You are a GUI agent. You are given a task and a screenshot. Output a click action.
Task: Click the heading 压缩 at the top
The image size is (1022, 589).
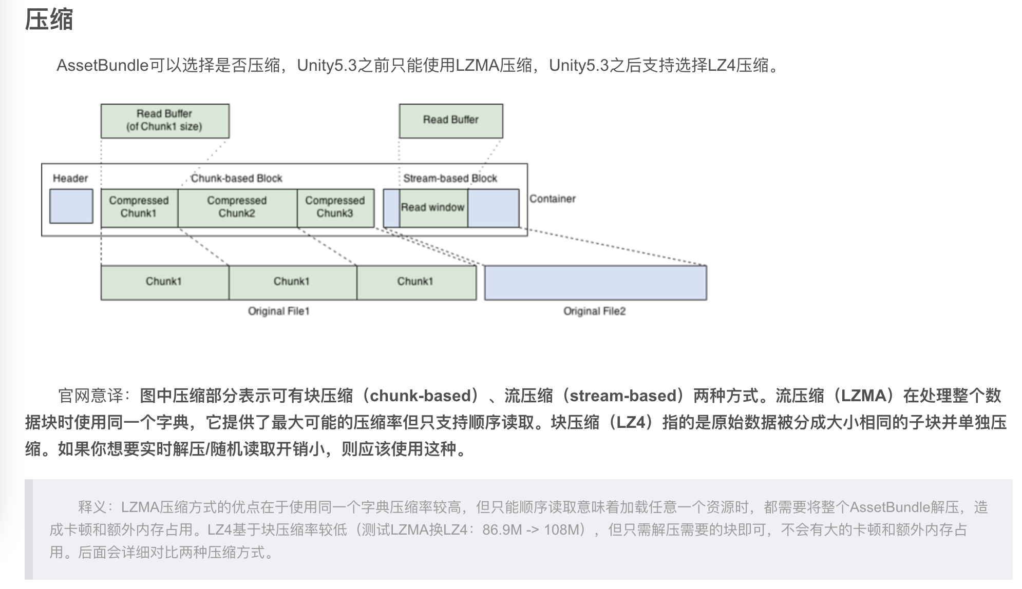click(x=49, y=20)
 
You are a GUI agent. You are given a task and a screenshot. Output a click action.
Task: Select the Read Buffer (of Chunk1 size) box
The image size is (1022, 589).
click(x=164, y=121)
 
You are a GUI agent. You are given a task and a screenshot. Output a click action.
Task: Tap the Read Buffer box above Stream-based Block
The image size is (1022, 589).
click(x=450, y=121)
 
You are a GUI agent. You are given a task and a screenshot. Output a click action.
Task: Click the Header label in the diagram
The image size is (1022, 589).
click(x=70, y=179)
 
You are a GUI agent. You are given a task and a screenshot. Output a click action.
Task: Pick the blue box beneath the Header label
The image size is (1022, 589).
click(x=71, y=206)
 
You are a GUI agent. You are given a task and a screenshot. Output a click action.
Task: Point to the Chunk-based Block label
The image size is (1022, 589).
click(x=236, y=179)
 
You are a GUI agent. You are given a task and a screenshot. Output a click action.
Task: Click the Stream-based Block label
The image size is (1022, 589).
click(x=450, y=179)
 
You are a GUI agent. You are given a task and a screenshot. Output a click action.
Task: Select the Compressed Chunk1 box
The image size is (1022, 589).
click(x=139, y=207)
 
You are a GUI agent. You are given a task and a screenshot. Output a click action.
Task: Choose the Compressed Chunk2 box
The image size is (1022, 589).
click(x=237, y=207)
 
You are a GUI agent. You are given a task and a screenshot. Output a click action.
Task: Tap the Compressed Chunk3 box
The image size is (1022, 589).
click(x=335, y=207)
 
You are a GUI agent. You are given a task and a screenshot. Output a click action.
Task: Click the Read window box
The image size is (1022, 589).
click(x=432, y=208)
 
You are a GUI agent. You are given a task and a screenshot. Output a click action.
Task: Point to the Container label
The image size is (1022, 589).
click(x=552, y=199)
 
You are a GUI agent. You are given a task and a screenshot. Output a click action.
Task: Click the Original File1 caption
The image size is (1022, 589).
click(x=278, y=311)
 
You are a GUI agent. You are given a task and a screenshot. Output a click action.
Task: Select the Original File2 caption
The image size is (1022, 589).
click(x=594, y=311)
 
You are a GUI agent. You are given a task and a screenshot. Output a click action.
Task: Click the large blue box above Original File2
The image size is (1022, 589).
click(x=595, y=283)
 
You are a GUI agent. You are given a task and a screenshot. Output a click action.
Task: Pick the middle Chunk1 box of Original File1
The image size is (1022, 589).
click(x=292, y=282)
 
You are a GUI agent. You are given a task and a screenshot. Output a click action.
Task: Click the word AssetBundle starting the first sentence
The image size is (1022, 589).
click(x=102, y=66)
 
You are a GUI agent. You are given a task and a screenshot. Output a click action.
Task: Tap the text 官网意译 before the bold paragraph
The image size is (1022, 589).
click(x=91, y=396)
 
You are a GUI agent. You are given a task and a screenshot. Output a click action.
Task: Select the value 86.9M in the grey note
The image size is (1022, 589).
click(x=502, y=529)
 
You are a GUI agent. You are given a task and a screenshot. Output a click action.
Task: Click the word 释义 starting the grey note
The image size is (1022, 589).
click(x=92, y=507)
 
